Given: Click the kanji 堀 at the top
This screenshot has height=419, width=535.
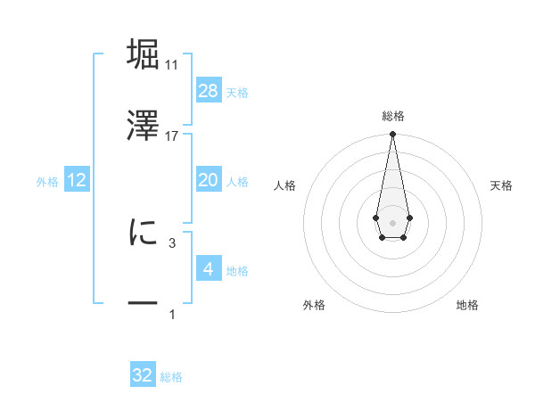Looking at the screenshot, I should [143, 53].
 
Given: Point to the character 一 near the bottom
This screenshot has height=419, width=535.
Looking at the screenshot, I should [143, 304].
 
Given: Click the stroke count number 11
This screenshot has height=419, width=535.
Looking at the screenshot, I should [172, 65].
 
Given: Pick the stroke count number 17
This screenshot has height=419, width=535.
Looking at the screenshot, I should [172, 136].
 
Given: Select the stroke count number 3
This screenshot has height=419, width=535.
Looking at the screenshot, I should [172, 242].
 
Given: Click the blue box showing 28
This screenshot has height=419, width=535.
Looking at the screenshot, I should [208, 91].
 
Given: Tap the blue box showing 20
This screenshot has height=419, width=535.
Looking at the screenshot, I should [208, 180].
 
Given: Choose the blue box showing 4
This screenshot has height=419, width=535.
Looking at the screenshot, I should [208, 268].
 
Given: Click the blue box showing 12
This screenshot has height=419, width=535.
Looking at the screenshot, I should [77, 180].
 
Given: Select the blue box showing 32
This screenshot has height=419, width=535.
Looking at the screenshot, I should [143, 375].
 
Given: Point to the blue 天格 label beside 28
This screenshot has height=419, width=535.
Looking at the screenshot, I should [237, 93].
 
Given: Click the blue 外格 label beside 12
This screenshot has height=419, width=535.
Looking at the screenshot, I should [47, 182].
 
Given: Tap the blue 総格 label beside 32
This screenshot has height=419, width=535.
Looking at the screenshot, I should [171, 377].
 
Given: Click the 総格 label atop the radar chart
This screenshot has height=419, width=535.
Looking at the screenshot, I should [392, 116].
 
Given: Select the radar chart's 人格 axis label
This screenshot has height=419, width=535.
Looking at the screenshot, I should [285, 185].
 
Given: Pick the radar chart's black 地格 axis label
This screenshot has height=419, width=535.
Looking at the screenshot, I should [467, 306].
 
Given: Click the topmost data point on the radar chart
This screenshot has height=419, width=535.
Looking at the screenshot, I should [392, 135].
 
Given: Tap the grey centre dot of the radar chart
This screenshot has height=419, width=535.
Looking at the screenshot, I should [392, 221].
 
